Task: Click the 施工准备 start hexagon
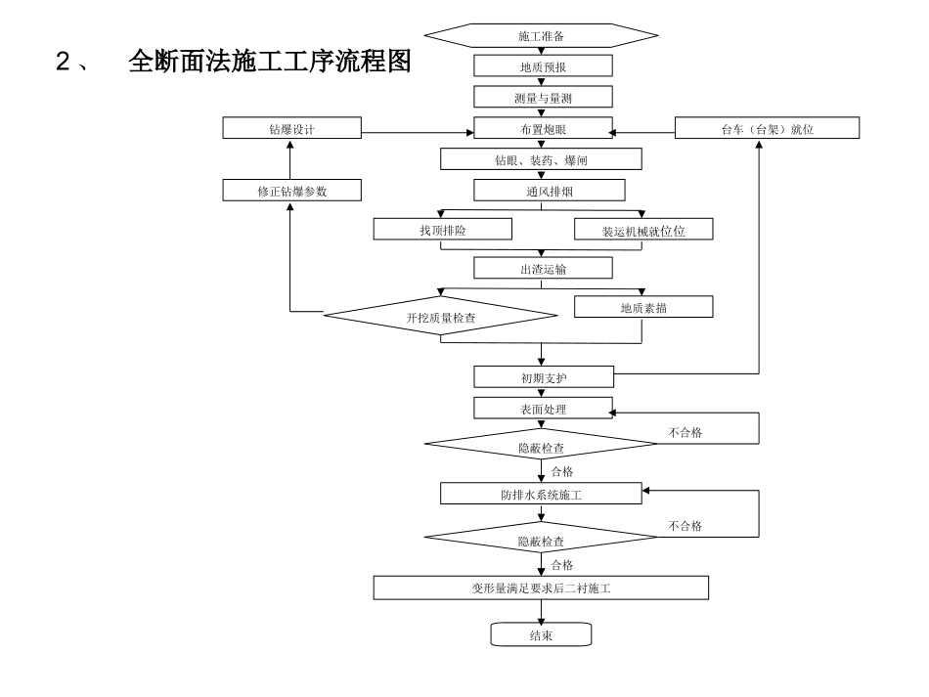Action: point(541,36)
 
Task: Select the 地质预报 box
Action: point(543,66)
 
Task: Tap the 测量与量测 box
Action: point(543,97)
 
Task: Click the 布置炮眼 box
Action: point(543,128)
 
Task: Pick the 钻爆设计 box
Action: point(291,128)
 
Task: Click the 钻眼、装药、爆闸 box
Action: point(541,159)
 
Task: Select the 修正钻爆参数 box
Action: point(291,191)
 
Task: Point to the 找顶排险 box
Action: point(443,229)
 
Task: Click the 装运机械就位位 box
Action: point(642,229)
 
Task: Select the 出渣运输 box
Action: point(543,268)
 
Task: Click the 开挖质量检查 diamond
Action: point(440,315)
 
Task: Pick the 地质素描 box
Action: point(642,307)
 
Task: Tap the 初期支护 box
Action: point(543,377)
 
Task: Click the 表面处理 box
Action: point(543,409)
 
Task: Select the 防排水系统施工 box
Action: point(541,494)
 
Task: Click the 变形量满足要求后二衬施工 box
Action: point(541,588)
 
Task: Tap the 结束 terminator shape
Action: point(541,635)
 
